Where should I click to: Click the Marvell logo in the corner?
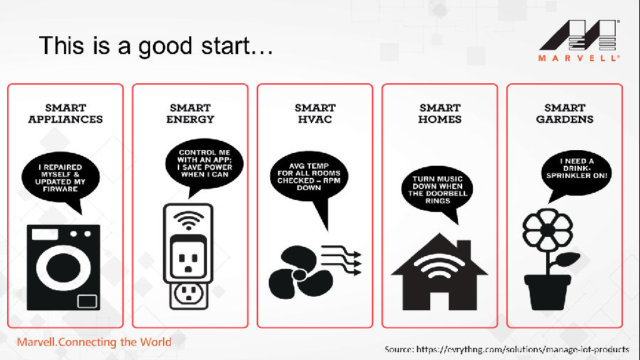coord(579,41)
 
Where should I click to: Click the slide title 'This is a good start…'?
coord(156,46)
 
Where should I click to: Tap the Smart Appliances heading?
coord(65,113)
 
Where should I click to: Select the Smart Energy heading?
coord(190,113)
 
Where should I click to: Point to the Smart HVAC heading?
coord(315,113)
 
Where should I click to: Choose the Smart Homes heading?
coord(440,113)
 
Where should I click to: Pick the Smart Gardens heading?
coord(565,113)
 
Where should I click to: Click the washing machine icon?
coord(63,268)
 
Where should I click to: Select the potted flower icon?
coord(550,260)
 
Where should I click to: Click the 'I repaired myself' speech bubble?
coord(60,179)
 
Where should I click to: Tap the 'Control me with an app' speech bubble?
coord(204,164)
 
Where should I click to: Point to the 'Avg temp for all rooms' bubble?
coord(309,176)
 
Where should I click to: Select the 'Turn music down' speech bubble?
coord(437,190)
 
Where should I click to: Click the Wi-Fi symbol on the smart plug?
coord(188,221)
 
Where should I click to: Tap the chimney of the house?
coord(464,250)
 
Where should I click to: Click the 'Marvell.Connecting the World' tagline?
coord(94,342)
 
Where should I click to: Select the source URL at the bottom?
coord(506,349)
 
